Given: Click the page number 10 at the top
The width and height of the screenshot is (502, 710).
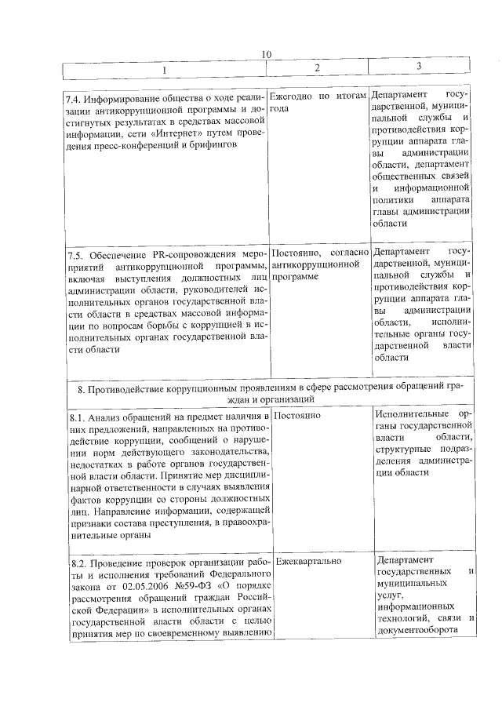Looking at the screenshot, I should click(267, 53).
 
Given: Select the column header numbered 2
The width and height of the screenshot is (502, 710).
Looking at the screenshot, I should click(317, 68).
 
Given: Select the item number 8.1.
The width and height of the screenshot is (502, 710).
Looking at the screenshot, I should click(76, 417).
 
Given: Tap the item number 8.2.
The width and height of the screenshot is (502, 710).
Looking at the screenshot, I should click(76, 564).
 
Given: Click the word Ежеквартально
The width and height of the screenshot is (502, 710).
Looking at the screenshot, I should click(308, 561).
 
